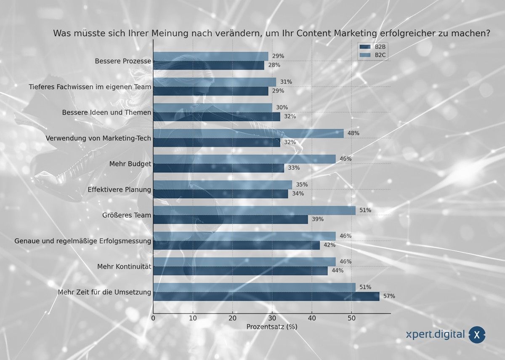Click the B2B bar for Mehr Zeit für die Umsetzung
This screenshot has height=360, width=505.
(266, 296)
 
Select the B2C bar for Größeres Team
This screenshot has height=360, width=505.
(254, 210)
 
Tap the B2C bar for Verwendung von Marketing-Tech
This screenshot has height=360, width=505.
(248, 133)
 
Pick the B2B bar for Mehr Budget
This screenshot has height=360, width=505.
(218, 168)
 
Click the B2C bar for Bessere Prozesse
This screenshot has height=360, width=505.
(210, 56)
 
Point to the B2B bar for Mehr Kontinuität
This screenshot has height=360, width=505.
(240, 271)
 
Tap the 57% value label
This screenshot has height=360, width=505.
(389, 296)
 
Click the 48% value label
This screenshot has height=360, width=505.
(353, 133)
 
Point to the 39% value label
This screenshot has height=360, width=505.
(317, 219)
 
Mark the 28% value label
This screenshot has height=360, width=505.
(274, 65)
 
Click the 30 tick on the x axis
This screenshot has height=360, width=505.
(272, 318)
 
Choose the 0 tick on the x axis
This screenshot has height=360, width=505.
(153, 318)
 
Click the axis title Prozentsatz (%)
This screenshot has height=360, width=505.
(272, 327)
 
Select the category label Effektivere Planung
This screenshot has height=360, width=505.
(119, 189)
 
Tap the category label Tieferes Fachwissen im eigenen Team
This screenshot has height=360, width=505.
(90, 87)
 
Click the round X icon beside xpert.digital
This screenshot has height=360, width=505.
(476, 335)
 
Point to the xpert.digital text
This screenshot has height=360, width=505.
(435, 335)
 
